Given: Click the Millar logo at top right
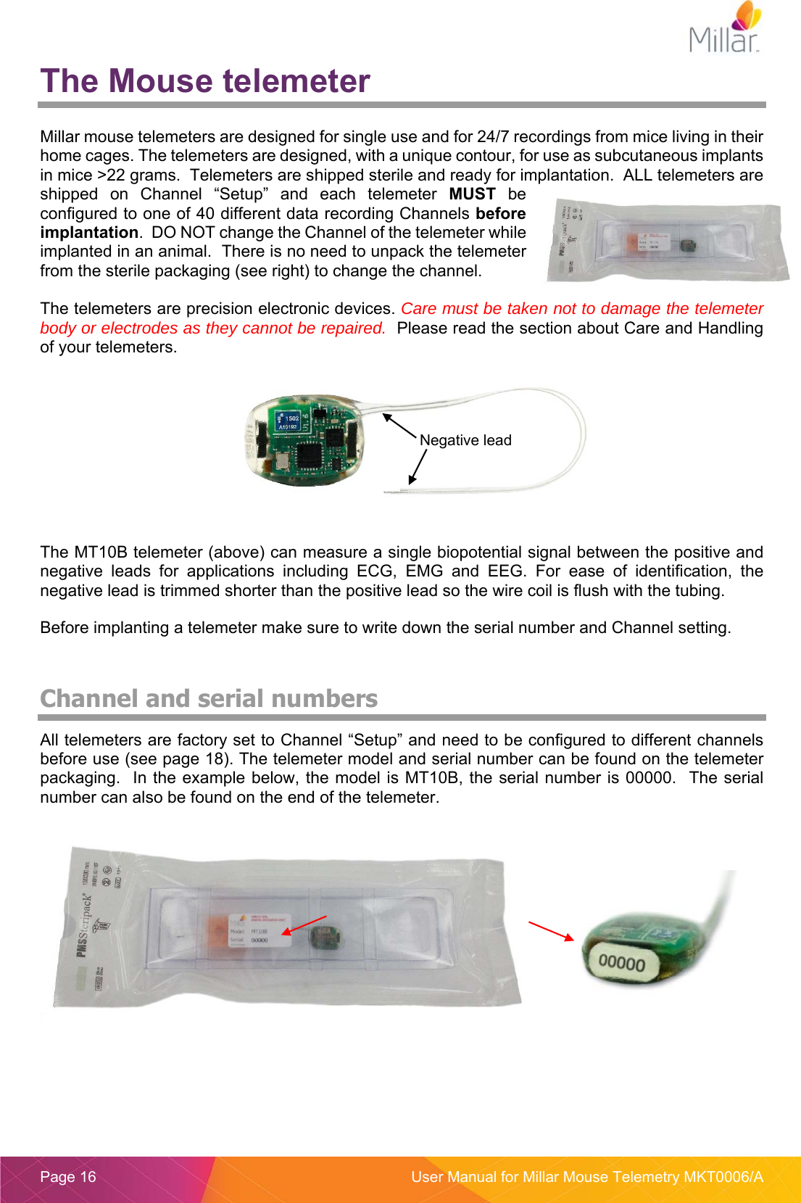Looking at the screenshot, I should click(725, 29).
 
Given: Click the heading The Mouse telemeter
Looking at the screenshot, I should click(205, 81).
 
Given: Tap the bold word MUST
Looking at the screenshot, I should click(472, 194).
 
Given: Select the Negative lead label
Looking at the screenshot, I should click(465, 440).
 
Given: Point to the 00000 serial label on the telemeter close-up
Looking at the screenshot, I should click(621, 963).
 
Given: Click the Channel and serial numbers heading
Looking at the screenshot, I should click(209, 698).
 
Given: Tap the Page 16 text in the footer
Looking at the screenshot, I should click(68, 1177).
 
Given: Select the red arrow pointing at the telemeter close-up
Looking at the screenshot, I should click(551, 930).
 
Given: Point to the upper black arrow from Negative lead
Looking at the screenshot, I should click(399, 426).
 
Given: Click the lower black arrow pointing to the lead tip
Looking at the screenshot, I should click(417, 467).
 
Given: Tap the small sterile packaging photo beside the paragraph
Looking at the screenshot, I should click(667, 241).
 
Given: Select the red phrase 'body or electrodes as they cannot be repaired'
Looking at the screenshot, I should click(212, 328).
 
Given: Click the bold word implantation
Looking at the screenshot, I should click(89, 233).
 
